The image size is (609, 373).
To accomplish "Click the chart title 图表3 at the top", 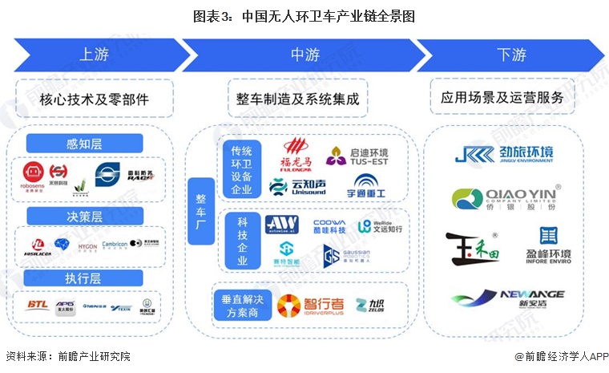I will point(304,15).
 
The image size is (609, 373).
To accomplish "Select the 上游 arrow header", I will point(95,55).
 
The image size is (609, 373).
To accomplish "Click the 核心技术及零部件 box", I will point(95,99).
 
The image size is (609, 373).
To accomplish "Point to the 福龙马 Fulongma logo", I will point(294,152).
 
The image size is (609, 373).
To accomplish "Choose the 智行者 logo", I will point(311,305).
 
